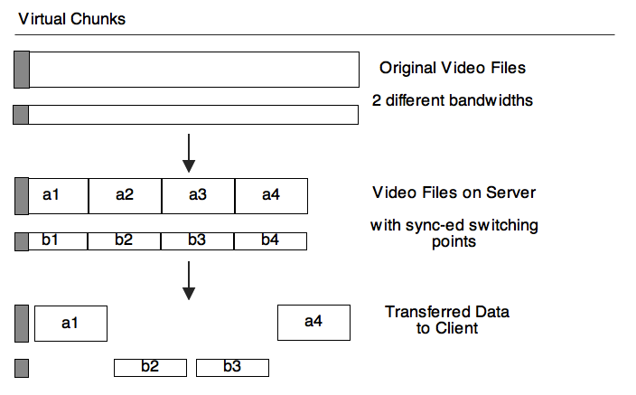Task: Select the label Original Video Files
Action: tap(452, 68)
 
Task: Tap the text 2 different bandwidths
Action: tap(452, 99)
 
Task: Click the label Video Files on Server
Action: tap(454, 193)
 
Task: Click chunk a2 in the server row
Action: tap(125, 195)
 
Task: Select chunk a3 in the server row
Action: tap(198, 195)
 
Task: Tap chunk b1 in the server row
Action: tap(51, 241)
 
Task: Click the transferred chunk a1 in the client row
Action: tap(70, 323)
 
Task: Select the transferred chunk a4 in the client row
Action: tap(313, 323)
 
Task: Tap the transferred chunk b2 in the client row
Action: tap(150, 367)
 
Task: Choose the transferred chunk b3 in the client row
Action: tap(232, 367)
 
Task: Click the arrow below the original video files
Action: tap(188, 153)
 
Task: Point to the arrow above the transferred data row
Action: tap(188, 280)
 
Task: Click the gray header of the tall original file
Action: tap(22, 70)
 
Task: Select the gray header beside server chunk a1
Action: tap(22, 196)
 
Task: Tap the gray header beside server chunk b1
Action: tap(22, 241)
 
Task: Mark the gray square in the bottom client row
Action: tap(22, 368)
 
